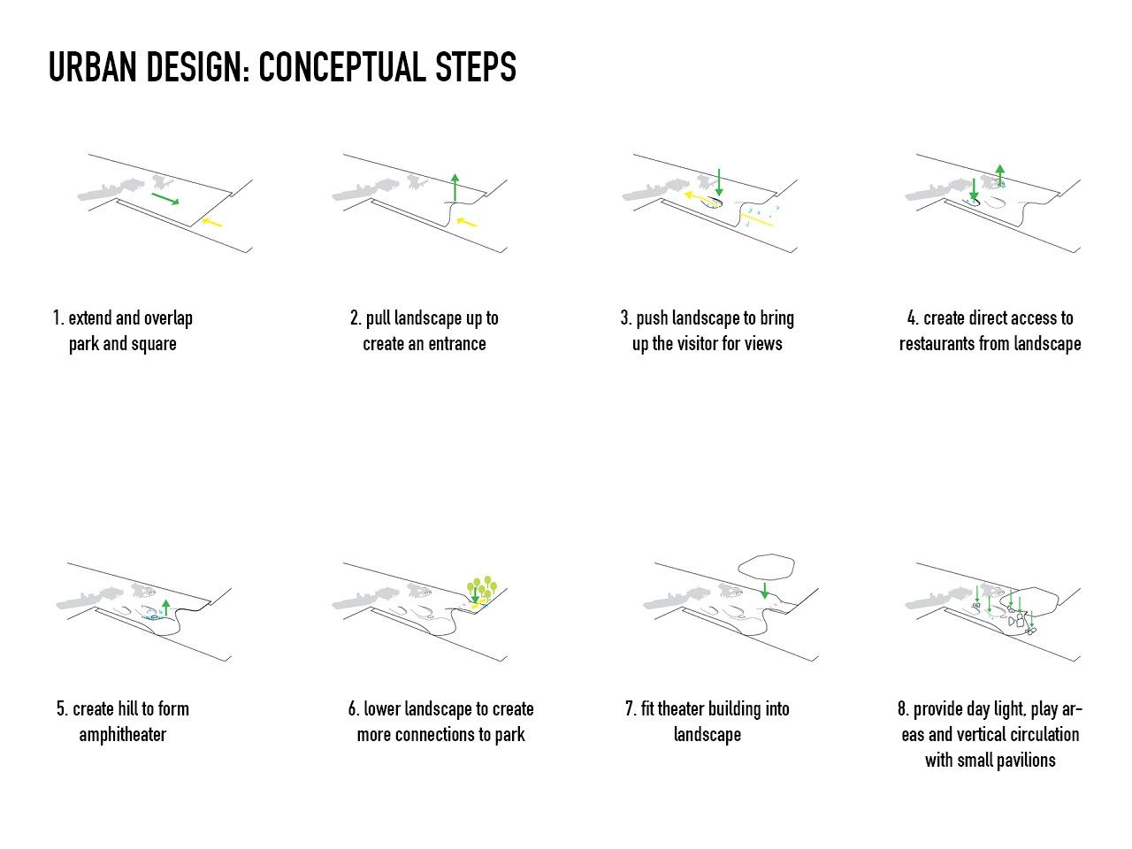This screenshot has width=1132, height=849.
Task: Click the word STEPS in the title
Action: pos(476,67)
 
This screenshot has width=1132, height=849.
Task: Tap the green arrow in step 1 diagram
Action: pos(165,198)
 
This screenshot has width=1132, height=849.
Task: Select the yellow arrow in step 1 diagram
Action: pos(211,222)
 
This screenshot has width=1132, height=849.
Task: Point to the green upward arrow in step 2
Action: pos(455,187)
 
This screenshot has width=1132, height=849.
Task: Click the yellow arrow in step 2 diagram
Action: pos(467,222)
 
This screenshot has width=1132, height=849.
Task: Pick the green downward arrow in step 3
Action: pos(719,182)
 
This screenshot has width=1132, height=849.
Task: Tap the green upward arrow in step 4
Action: pos(999,175)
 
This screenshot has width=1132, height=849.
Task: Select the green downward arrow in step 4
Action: pos(973,188)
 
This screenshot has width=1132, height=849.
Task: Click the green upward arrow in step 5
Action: pos(165,608)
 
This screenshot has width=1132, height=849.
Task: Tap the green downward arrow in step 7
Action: pos(765,591)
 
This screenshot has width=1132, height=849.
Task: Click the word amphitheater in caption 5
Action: pos(123,735)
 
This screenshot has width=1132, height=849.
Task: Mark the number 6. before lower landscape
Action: pos(353,708)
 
